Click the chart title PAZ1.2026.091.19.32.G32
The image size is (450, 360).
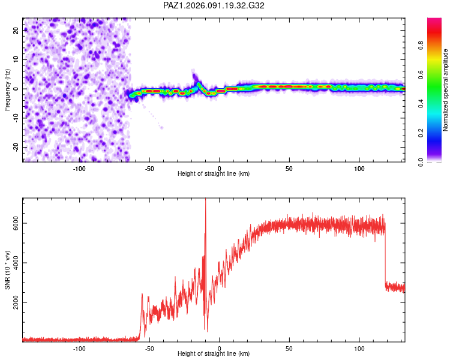214,5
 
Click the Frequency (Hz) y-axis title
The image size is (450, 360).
8,89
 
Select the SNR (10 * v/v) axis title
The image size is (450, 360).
8,270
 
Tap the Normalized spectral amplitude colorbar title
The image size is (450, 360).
445,90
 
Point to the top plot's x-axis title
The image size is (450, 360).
214,173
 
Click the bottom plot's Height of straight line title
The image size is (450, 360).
214,353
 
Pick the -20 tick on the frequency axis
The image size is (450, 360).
17,147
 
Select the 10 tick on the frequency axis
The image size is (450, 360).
17,59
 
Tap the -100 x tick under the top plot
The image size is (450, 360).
79,168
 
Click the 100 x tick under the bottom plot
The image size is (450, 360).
359,348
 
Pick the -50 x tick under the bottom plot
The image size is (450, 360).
149,348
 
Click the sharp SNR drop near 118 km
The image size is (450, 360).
385,258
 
